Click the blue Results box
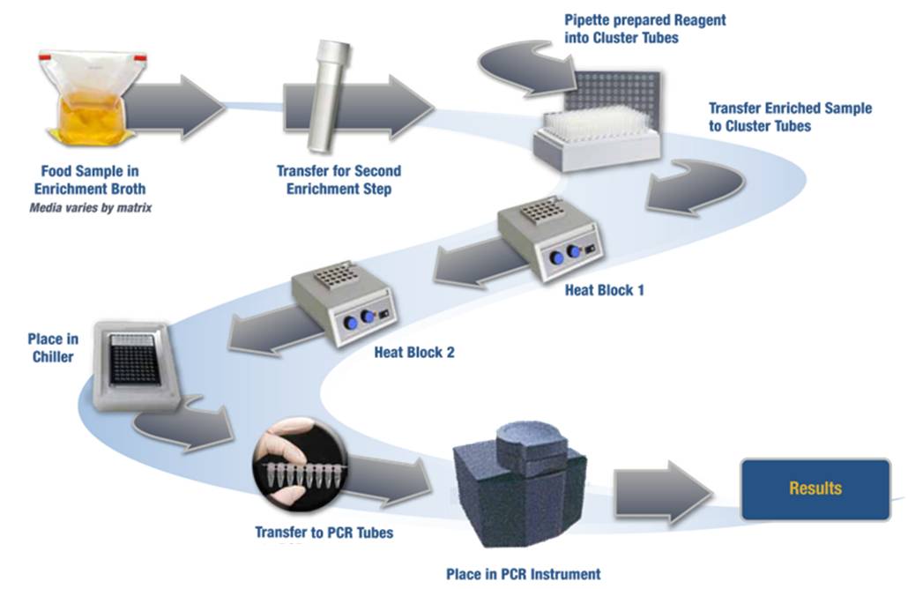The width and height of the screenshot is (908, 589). tap(815, 488)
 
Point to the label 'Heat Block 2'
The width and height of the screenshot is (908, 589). tap(414, 353)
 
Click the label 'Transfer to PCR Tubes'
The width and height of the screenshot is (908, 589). tap(324, 533)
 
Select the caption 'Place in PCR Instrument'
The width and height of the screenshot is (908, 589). tap(523, 574)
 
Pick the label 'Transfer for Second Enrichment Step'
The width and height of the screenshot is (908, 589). tap(339, 179)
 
